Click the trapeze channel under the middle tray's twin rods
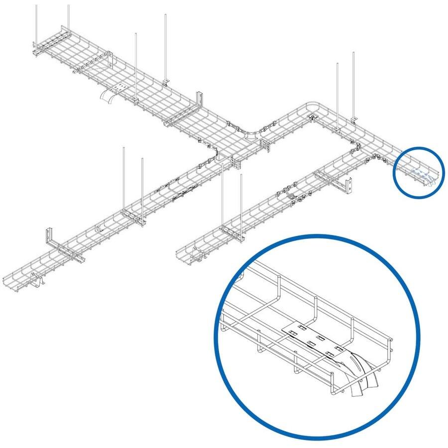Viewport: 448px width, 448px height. click(x=231, y=230)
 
